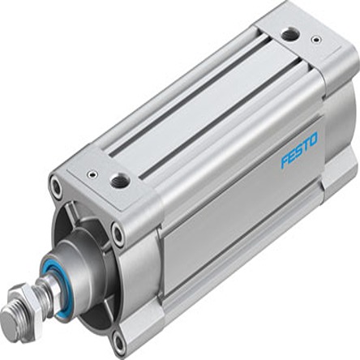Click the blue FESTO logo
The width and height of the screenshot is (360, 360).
coord(299,150)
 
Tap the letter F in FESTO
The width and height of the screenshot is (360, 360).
coord(285,161)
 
